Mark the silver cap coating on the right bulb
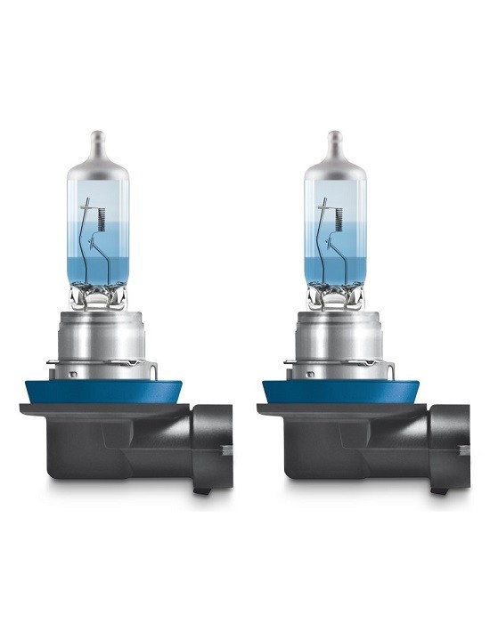[x=335, y=174]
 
